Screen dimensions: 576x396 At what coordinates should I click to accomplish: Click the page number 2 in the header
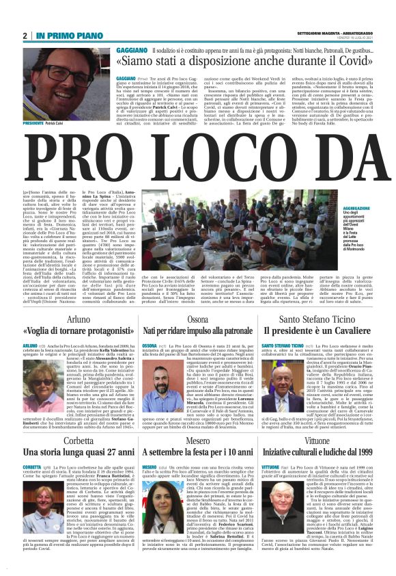point(25,36)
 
